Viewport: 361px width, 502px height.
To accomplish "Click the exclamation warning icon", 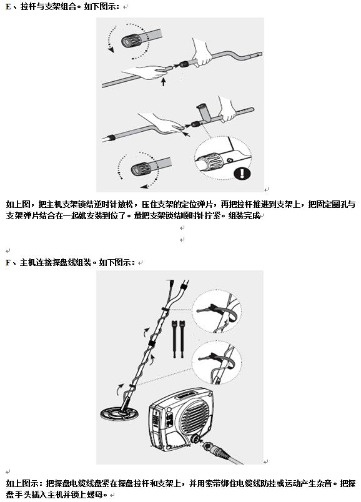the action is pos(242,174).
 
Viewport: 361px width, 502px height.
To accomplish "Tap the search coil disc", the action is pos(119,413).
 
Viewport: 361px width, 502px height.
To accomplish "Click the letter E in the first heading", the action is pos(8,6).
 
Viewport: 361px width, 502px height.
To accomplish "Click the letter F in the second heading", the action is pos(8,263).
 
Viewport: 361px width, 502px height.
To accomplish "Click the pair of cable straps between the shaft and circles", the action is pos(179,338).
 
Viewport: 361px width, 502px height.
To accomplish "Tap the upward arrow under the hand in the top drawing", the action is pos(164,82).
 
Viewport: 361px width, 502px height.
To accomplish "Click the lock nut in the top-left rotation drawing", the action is pos(131,41).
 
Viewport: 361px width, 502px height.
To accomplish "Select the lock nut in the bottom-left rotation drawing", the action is pos(141,169).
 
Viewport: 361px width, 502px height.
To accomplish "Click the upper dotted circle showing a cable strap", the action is pos(217,311).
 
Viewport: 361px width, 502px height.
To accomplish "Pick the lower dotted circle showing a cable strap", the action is pos(217,362).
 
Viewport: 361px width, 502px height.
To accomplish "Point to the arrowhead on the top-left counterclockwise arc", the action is pos(111,50).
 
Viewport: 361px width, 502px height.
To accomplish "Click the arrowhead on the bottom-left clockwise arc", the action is pos(144,186).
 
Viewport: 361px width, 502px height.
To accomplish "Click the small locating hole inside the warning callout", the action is pos(229,160).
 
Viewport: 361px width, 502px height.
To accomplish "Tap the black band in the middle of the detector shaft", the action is pos(151,343).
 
